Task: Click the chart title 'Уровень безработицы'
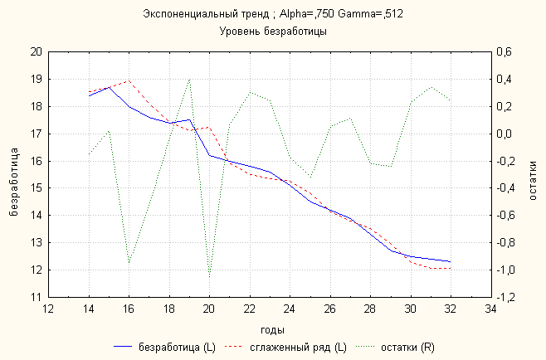(x=273, y=32)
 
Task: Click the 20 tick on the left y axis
(x=35, y=51)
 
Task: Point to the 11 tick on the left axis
(x=35, y=297)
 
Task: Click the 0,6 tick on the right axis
(x=505, y=51)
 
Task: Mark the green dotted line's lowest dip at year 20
(x=209, y=276)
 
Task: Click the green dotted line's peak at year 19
(x=189, y=80)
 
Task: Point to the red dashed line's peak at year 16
(x=129, y=80)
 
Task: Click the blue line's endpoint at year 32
(x=451, y=261)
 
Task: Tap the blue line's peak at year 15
(x=109, y=87)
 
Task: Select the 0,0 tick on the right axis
(x=505, y=134)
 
